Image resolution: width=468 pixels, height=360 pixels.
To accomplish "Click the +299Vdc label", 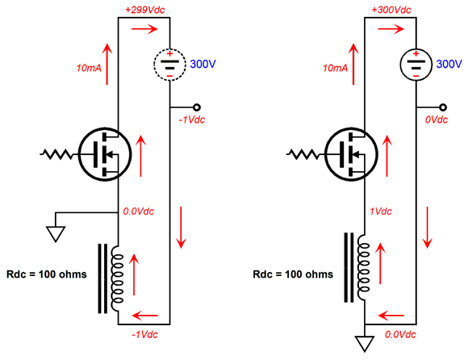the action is (144, 10).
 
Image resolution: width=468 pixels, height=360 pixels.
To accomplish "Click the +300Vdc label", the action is (391, 10).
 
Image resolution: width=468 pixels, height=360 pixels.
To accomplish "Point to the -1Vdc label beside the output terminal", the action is (192, 119).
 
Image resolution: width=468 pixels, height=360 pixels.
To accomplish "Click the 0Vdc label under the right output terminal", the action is (437, 119).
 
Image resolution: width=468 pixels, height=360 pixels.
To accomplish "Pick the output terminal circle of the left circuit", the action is (196, 107).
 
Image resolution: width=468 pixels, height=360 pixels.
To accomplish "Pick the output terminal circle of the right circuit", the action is (443, 107).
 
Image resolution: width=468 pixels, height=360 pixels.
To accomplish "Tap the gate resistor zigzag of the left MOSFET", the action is (56, 154).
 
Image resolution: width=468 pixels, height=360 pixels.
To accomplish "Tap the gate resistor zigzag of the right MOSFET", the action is (303, 154).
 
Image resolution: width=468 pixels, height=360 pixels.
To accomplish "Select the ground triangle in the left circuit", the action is (56, 234).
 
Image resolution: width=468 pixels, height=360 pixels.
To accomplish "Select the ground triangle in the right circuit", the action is (365, 344).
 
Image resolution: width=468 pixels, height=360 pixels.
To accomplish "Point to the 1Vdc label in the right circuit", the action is (381, 211).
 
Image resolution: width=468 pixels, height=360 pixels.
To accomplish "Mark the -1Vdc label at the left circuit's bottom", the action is (144, 335).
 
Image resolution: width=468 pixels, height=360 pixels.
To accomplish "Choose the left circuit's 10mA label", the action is (89, 68).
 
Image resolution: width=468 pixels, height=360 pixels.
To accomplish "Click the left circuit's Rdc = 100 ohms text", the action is (47, 274).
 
